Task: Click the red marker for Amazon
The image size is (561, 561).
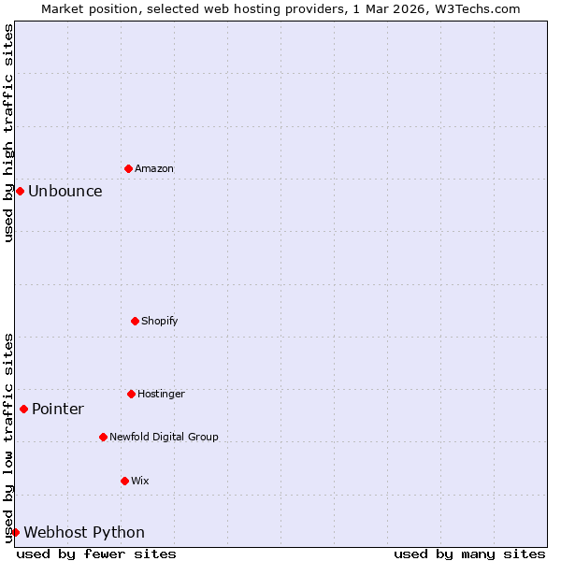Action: (128, 168)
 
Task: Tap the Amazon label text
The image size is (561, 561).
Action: (154, 169)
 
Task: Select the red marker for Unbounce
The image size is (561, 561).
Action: (20, 191)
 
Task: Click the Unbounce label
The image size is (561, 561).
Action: (65, 192)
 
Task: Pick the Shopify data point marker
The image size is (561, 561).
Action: (135, 321)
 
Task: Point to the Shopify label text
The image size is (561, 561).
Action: (160, 322)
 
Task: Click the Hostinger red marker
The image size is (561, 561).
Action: (131, 394)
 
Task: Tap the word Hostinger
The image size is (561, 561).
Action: (161, 395)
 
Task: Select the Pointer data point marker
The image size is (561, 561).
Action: (23, 409)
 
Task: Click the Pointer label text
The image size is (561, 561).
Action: (58, 410)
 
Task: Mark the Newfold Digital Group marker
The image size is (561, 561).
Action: (103, 437)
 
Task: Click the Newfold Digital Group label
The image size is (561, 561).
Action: (164, 438)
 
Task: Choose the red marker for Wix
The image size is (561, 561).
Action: (124, 481)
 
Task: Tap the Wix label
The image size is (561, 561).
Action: (140, 482)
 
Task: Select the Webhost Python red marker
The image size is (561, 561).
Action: (15, 532)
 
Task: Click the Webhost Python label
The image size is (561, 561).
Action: (84, 533)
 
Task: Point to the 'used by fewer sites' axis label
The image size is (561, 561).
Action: (96, 554)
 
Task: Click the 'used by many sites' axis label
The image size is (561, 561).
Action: (469, 554)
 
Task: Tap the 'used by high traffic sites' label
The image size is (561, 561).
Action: (8, 133)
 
